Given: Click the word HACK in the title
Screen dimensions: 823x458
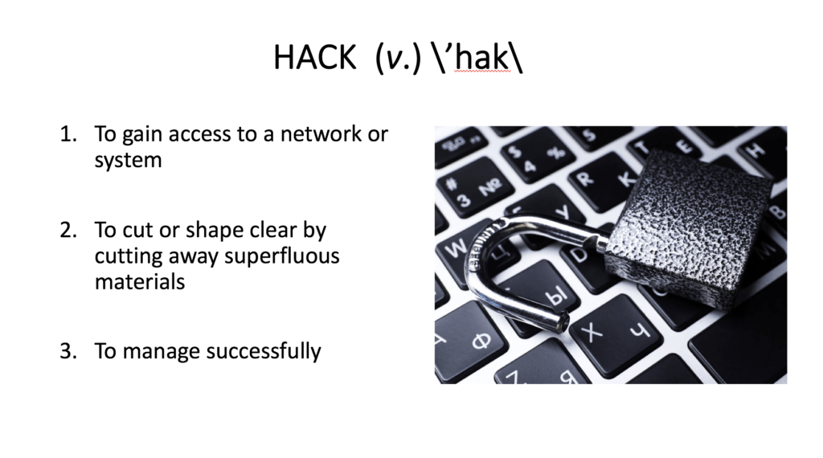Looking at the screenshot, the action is (x=315, y=57).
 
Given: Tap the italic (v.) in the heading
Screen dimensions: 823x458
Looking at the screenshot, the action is (x=399, y=57).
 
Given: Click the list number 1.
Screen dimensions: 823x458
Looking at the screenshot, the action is (x=68, y=134).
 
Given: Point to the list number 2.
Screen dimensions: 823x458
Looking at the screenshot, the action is (x=68, y=231).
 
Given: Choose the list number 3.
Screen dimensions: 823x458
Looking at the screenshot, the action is (x=68, y=351).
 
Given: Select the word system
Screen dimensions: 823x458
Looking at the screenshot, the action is (x=128, y=161).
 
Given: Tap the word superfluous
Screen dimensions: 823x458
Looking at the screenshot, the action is (x=282, y=256).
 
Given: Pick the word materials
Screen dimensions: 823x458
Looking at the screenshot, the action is (x=140, y=282).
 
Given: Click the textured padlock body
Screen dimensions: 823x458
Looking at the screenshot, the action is (x=689, y=226).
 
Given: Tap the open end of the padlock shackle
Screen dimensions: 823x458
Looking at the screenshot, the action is (x=563, y=320).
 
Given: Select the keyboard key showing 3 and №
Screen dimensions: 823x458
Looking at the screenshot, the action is (x=475, y=188).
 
